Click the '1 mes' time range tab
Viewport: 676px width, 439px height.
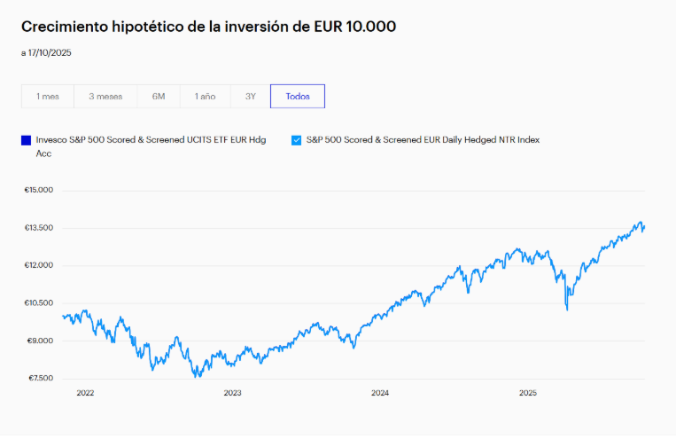[x=48, y=96]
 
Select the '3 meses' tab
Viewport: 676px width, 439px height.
[x=105, y=96]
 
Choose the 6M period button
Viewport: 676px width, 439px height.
[x=159, y=96]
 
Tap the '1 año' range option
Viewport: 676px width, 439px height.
[x=206, y=96]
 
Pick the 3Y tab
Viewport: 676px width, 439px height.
[x=251, y=96]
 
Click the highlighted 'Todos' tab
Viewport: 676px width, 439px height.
[x=298, y=96]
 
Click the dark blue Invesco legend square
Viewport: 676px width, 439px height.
[x=27, y=140]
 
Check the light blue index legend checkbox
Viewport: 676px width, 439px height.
[x=296, y=140]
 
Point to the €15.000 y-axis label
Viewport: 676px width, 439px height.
[x=39, y=190]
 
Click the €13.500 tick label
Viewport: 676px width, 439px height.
[x=39, y=228]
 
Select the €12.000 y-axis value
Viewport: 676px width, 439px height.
[x=39, y=265]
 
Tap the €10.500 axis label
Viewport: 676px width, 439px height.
[x=39, y=303]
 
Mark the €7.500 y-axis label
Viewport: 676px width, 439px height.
[x=39, y=379]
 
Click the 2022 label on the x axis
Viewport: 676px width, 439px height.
[x=85, y=393]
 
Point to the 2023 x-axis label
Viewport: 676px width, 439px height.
[x=232, y=393]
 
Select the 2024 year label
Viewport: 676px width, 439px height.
[x=380, y=393]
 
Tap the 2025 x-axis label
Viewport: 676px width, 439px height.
[x=527, y=393]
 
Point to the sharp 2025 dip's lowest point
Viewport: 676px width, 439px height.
[x=567, y=310]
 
